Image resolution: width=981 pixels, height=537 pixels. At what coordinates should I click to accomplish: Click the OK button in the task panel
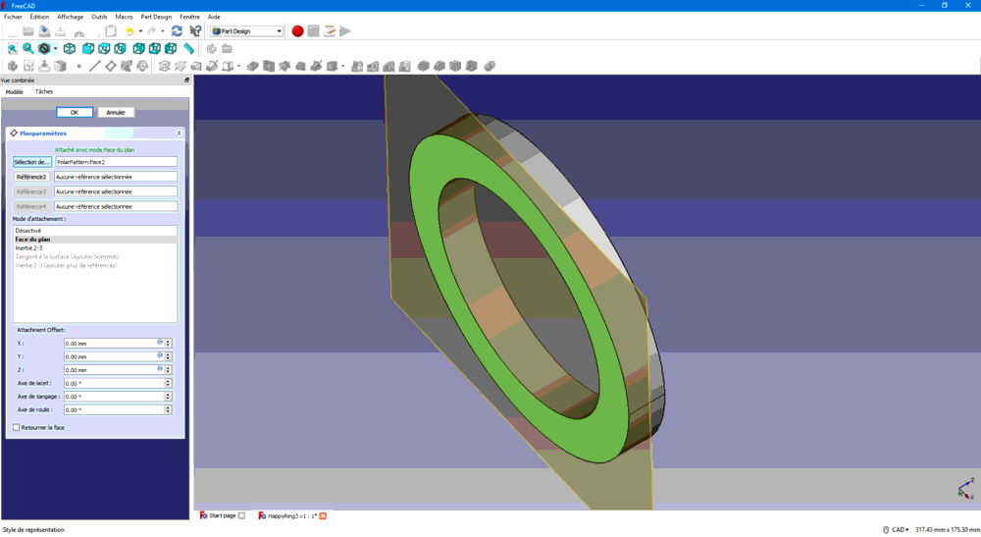click(75, 113)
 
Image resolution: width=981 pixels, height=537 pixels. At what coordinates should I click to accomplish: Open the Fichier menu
click(13, 17)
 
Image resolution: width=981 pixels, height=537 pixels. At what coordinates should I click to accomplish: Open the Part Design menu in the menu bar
click(156, 17)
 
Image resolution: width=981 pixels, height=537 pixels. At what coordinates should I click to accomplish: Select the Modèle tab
click(14, 91)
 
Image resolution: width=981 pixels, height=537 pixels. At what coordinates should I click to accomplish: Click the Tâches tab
click(44, 91)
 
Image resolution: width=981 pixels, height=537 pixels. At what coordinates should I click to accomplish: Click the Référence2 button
click(31, 177)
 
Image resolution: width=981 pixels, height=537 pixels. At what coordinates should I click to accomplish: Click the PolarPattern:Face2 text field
click(116, 162)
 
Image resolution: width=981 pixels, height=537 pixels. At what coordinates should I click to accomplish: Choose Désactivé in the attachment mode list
click(28, 231)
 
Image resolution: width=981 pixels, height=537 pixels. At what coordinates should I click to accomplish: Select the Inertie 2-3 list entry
click(28, 248)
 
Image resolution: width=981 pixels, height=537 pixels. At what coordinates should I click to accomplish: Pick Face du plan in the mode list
click(32, 240)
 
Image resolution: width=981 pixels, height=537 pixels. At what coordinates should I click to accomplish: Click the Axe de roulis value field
click(113, 410)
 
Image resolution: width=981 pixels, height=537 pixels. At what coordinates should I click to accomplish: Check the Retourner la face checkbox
click(16, 428)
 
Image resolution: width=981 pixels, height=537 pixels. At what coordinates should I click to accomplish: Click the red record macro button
click(297, 31)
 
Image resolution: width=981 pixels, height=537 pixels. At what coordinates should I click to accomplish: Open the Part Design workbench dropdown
click(247, 31)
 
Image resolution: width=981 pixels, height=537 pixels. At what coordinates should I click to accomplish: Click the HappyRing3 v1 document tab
click(290, 515)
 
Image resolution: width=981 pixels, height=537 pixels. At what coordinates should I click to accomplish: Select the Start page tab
click(222, 515)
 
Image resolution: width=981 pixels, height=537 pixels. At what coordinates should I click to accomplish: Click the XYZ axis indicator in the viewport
click(964, 488)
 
